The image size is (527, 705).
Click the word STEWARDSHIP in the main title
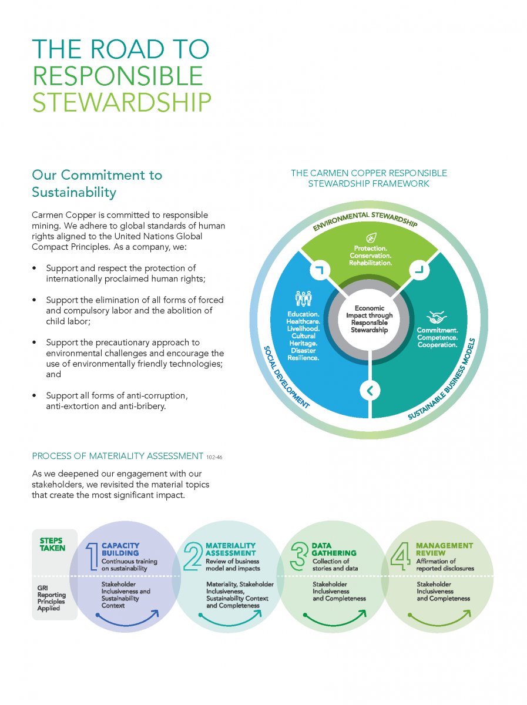(122, 102)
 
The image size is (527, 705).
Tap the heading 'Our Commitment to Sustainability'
(97, 184)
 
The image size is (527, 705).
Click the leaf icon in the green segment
(371, 238)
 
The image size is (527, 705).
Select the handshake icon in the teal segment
(437, 317)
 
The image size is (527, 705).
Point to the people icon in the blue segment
(303, 298)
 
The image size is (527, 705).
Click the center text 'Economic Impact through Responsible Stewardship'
(370, 319)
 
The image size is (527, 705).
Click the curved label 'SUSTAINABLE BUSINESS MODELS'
(442, 379)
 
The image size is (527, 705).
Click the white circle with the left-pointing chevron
(370, 391)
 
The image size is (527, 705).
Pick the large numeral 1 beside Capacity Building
(92, 556)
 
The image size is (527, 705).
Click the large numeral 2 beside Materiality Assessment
(193, 556)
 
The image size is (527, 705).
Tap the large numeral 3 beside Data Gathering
(298, 556)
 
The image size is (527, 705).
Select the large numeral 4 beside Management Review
(401, 556)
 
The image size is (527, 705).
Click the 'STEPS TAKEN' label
(52, 545)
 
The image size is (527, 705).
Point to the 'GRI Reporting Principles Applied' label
(51, 598)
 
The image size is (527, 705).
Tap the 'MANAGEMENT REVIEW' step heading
(445, 549)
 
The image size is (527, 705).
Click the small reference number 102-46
(214, 457)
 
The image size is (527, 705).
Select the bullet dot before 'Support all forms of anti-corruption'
(34, 396)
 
